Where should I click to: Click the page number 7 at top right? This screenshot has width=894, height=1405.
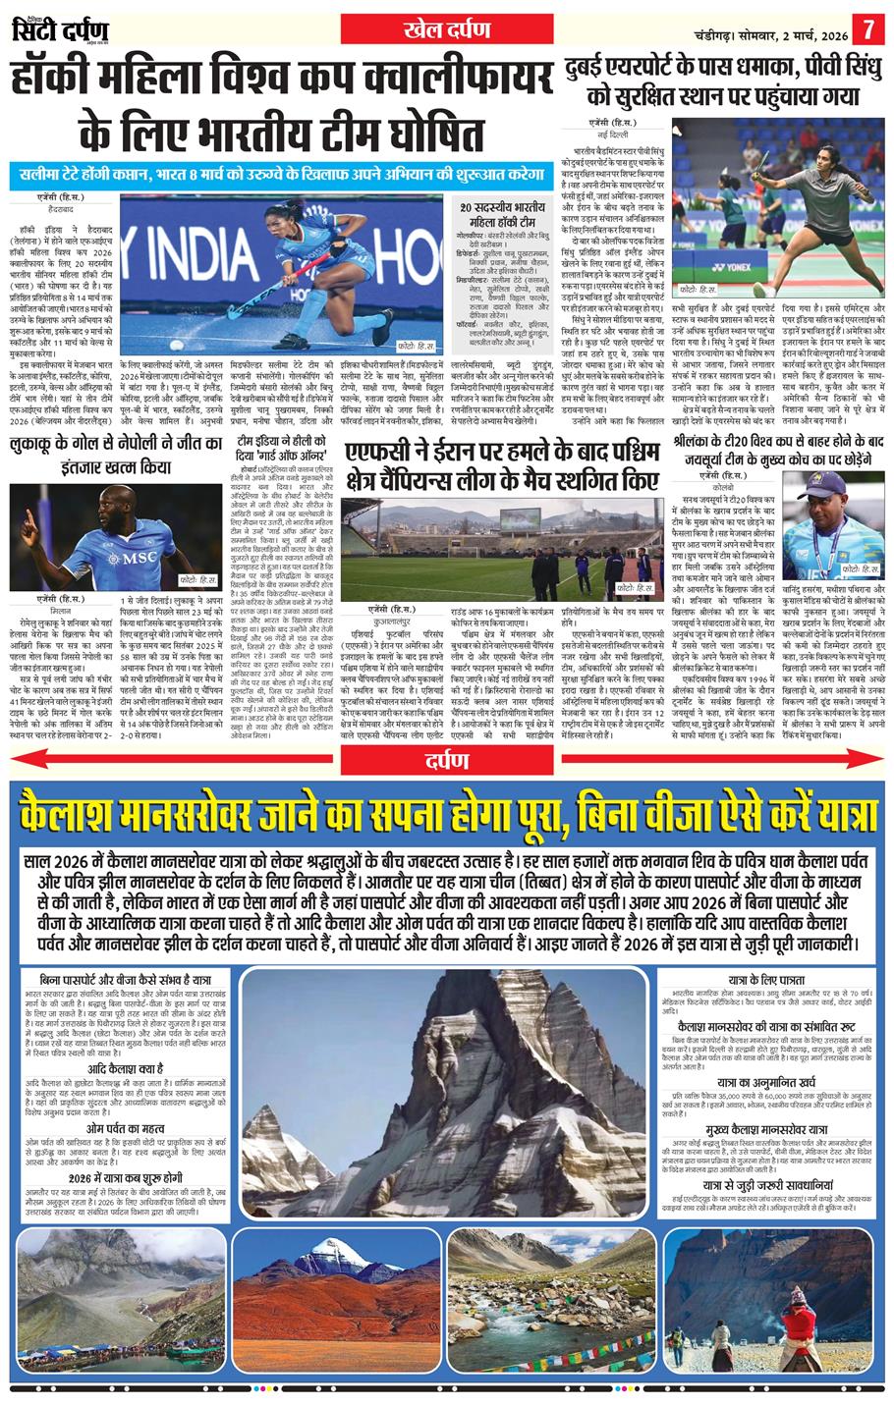coord(868,24)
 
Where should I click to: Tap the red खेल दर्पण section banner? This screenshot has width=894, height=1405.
coord(447,27)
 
